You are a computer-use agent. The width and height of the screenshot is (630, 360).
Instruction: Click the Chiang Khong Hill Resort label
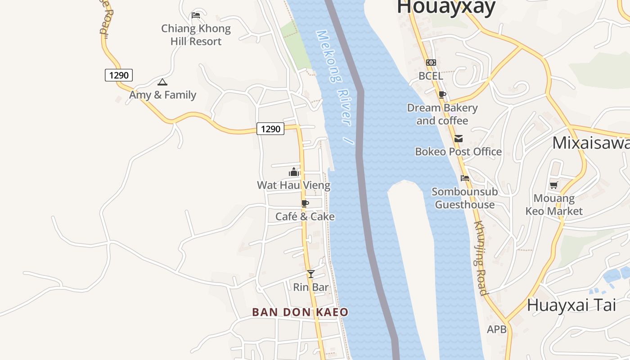coord(196,35)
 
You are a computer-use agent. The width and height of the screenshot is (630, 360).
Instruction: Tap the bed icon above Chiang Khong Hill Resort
coord(196,15)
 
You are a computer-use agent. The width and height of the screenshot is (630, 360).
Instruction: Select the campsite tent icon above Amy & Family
coord(162,82)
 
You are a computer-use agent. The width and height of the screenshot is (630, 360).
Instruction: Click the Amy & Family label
coord(162,95)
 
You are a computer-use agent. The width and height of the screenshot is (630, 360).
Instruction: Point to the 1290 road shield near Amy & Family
coord(119,75)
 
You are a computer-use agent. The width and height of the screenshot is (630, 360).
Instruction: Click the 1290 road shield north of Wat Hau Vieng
coord(270,129)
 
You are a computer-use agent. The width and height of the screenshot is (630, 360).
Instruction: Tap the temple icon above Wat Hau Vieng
coord(294,172)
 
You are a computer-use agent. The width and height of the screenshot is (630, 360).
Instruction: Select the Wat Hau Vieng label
coord(293,185)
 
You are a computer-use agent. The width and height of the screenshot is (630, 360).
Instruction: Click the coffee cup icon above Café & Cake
coord(305,204)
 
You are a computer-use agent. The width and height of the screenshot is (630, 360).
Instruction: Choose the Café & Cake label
coord(305,216)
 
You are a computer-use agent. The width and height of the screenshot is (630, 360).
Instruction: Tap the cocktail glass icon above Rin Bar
coord(310,274)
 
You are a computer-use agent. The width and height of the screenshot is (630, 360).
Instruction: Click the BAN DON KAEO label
coord(300,312)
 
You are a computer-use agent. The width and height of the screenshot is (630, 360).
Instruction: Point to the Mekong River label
coord(335,85)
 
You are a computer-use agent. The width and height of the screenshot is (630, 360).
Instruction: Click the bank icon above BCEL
coord(431,63)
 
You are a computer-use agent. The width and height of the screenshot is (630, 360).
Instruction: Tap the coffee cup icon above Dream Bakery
coord(442,94)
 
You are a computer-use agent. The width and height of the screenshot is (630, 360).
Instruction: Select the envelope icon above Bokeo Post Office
coord(458,139)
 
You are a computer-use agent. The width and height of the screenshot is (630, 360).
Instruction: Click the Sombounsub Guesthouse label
coord(465,198)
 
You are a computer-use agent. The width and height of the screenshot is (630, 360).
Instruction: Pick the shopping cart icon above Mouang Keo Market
coord(553,185)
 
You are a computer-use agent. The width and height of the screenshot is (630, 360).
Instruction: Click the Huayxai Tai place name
coord(571,305)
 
